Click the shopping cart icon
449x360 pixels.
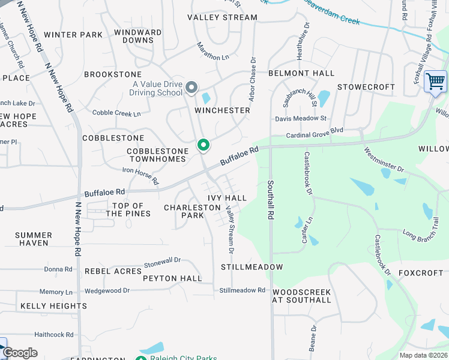[435, 81]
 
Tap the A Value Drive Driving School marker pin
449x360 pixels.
[191, 88]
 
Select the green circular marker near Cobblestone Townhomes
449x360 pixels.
[203, 145]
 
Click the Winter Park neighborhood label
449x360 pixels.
[73, 35]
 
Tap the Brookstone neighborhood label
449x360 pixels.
[113, 74]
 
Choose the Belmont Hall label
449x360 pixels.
[301, 73]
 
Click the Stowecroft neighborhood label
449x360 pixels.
[366, 87]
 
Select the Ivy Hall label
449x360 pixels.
[227, 198]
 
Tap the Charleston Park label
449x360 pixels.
[193, 211]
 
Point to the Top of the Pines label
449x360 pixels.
[128, 209]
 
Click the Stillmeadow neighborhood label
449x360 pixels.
[252, 266]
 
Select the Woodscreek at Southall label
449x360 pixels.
[301, 296]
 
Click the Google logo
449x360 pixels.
[20, 353]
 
